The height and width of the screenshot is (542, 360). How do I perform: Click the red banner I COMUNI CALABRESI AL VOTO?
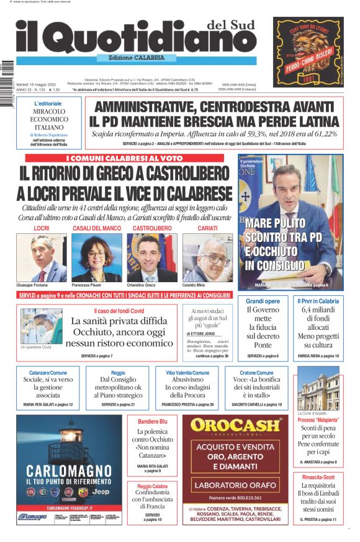click(x=124, y=158)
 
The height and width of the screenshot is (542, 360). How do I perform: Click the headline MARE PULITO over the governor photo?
click(x=275, y=223)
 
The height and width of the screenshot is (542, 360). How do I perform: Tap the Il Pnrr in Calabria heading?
click(x=318, y=301)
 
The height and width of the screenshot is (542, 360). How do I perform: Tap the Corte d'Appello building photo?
click(x=318, y=391)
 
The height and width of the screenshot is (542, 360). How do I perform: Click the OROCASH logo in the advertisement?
click(x=235, y=426)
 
